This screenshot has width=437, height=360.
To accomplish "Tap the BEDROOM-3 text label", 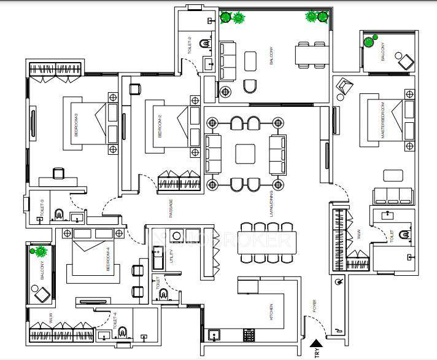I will click(75, 128).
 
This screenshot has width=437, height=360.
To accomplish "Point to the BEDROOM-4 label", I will click(107, 259).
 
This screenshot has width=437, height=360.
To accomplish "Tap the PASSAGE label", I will click(171, 208).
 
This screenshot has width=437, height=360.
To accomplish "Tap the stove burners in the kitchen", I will click(250, 335).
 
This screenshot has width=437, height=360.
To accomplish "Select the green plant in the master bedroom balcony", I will click(369, 42).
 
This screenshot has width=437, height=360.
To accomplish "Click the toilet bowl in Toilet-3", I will click(60, 214).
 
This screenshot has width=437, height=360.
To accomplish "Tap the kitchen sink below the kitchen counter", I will click(215, 335).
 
